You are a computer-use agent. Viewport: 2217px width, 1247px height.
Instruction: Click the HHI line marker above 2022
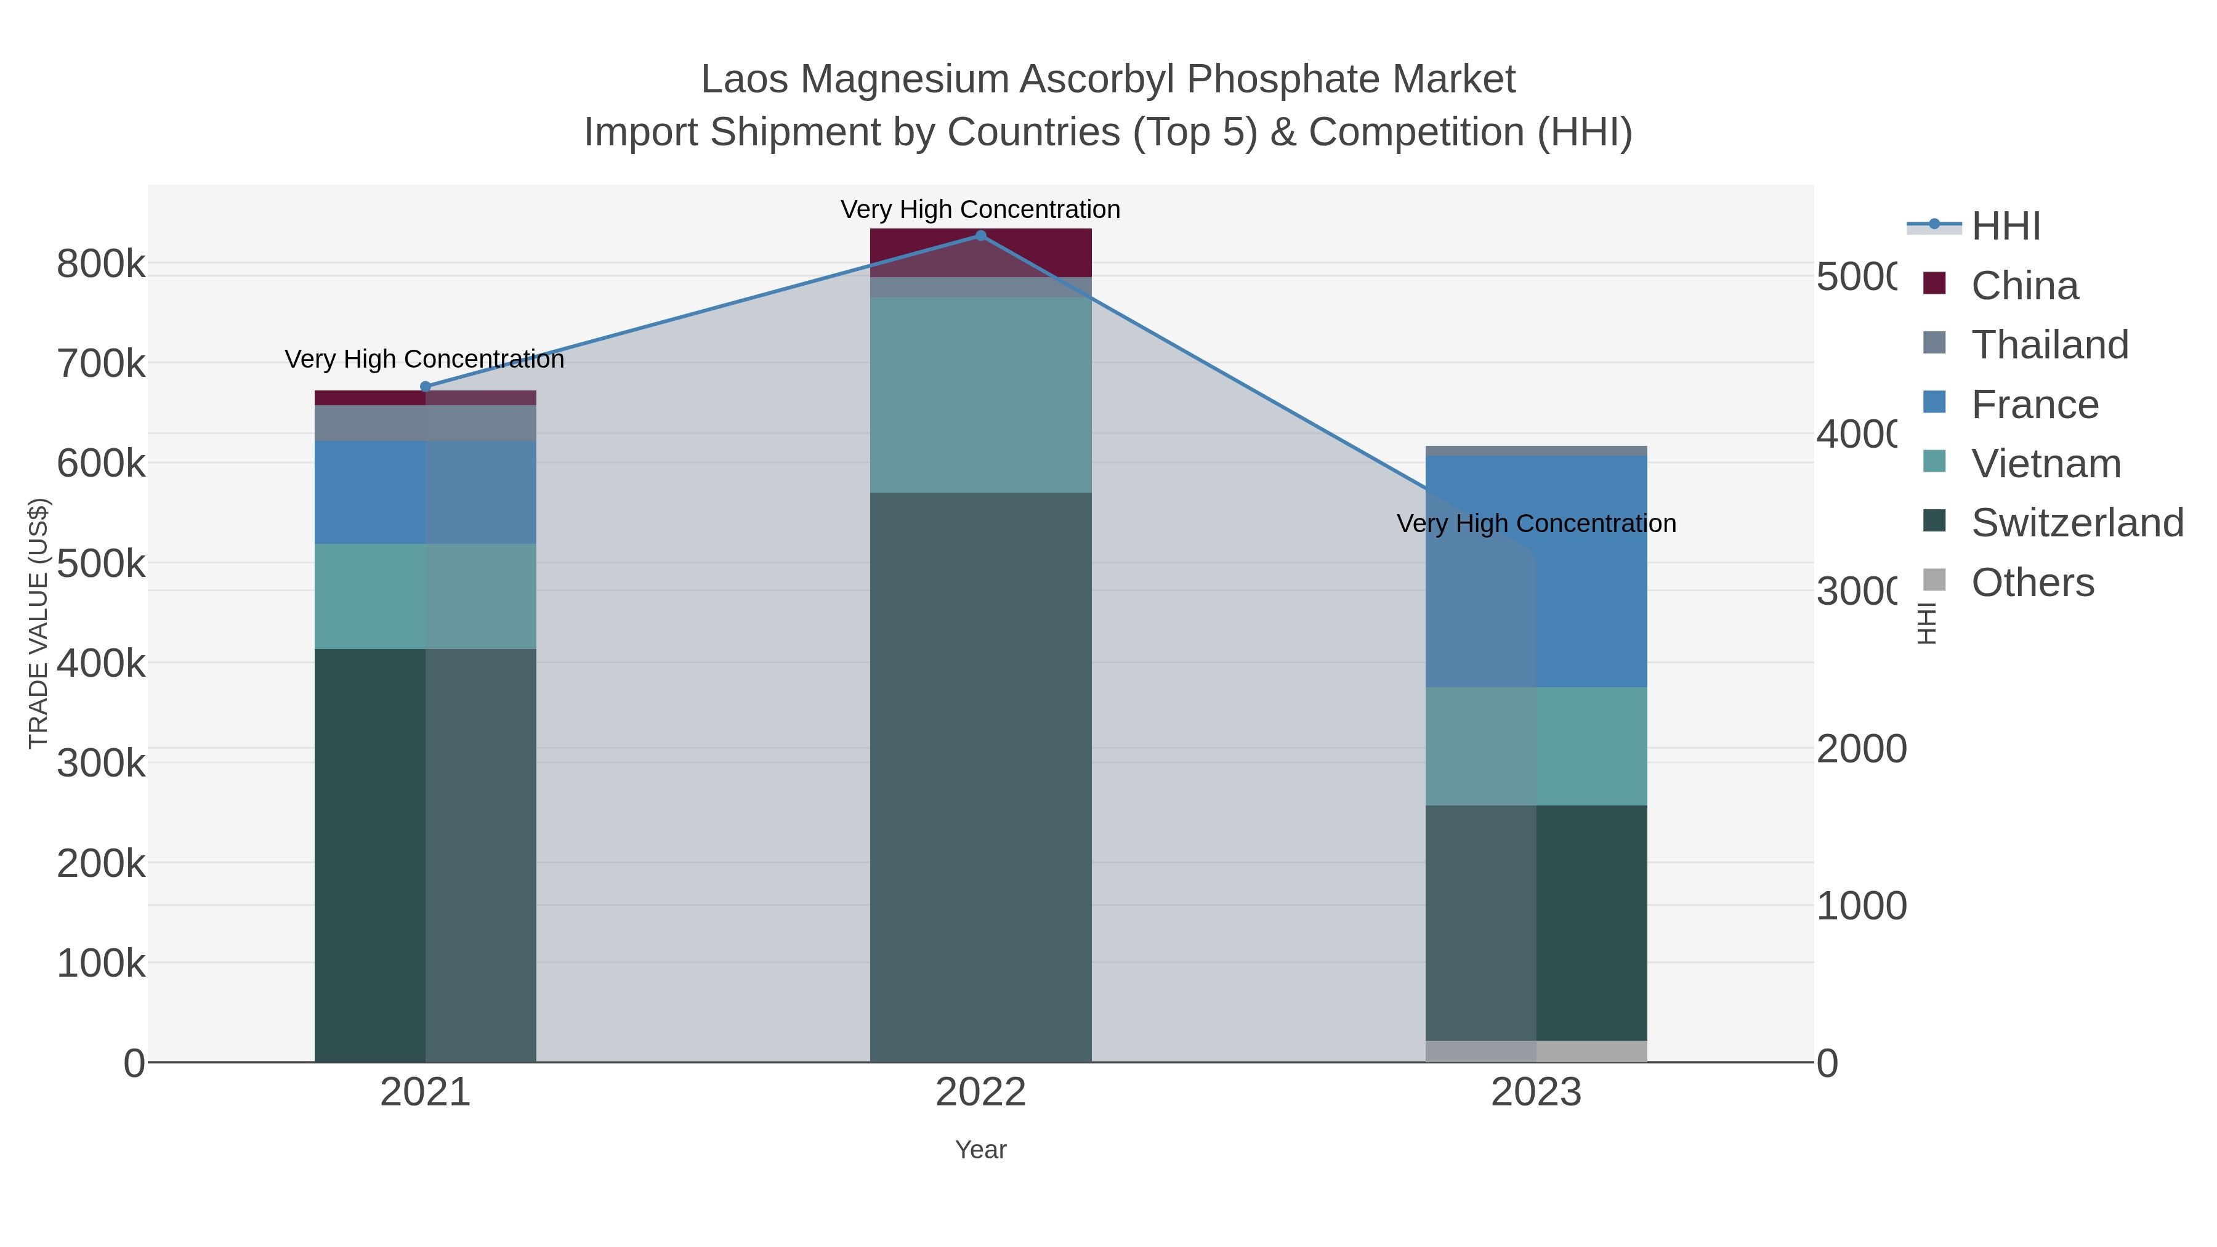[x=980, y=236]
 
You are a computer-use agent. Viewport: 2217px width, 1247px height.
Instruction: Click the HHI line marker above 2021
[x=425, y=386]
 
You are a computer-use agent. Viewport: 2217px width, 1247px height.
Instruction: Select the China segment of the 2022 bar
[x=980, y=252]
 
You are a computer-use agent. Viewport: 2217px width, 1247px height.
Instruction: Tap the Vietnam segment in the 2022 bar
[x=980, y=395]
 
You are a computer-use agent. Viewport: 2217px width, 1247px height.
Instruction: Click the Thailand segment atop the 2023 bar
[x=1537, y=451]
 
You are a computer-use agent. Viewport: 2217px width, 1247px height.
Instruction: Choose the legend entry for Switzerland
[x=2076, y=523]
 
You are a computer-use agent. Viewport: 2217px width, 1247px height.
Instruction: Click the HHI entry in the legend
[x=2005, y=227]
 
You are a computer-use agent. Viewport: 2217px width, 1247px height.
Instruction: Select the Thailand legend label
[x=2049, y=345]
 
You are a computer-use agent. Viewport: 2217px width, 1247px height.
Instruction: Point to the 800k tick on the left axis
[x=101, y=264]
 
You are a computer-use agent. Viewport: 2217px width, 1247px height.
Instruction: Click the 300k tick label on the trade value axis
[x=101, y=762]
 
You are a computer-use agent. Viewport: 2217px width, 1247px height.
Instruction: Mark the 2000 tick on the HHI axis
[x=1860, y=749]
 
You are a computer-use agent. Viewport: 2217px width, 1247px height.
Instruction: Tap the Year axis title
[x=980, y=1150]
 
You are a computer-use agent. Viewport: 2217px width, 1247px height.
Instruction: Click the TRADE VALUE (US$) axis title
[x=39, y=623]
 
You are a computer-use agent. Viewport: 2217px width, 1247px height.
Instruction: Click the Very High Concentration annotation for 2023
[x=1537, y=523]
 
